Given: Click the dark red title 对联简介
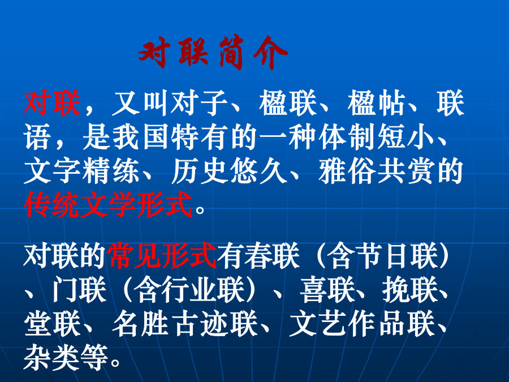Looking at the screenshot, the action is point(213,53).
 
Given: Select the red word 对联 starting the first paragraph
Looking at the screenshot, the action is point(52,104).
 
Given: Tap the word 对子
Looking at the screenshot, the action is point(199,104).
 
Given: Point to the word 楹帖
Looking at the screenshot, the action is point(376,104).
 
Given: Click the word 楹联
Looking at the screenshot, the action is point(287,104).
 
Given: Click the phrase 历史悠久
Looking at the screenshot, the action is point(229,171).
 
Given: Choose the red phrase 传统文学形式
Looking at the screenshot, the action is point(109,205).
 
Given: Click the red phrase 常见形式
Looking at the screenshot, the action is point(163,256).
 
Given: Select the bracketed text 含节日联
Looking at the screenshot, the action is point(382,256).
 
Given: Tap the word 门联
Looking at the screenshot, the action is point(79,290).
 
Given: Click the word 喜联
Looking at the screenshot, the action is point(327,290).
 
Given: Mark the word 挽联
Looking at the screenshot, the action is point(409,290).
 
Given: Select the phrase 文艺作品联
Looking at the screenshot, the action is point(363,324).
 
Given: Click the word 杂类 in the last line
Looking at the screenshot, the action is point(52,358).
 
